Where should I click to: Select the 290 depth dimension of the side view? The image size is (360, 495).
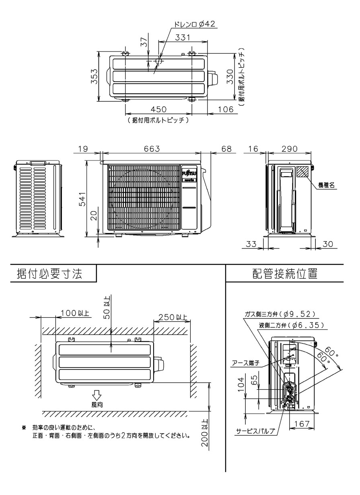pos(289,148)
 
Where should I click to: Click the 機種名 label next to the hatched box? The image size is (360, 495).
pos(327,185)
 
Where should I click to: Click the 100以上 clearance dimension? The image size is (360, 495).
pos(75,313)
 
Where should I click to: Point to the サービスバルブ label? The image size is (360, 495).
pos(255,431)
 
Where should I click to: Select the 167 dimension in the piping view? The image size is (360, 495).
pos(300,423)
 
